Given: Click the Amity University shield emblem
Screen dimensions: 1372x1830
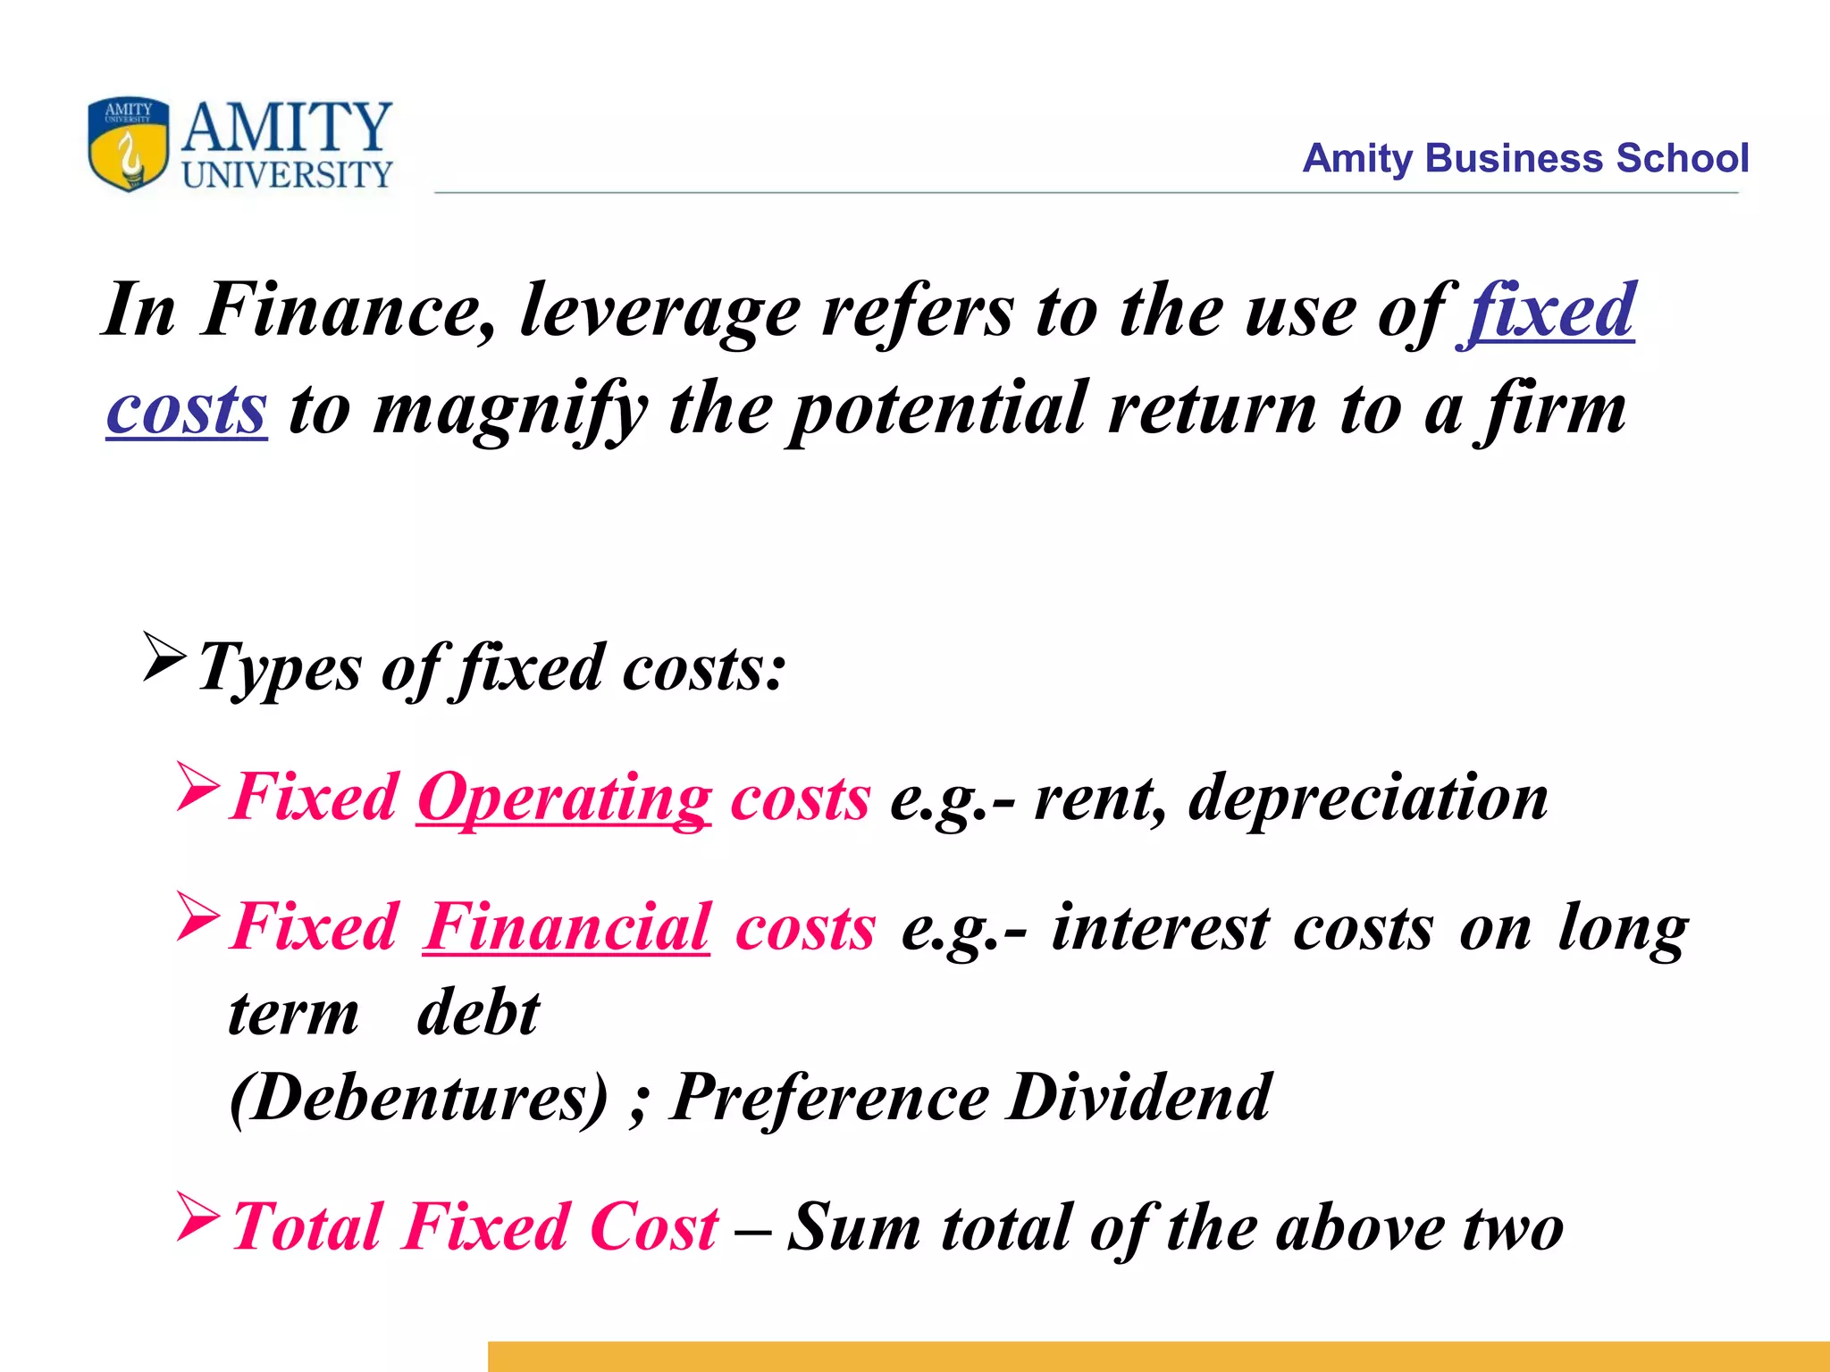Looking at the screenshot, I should [x=129, y=144].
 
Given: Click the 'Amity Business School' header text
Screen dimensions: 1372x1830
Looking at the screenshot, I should [x=1524, y=158].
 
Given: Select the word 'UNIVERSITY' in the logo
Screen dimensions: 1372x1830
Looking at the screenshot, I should [x=287, y=174].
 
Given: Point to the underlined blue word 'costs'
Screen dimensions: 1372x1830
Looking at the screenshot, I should [x=187, y=410].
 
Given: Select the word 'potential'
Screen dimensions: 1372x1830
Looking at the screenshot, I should [x=939, y=410].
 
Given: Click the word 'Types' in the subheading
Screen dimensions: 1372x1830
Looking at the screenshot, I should [x=280, y=669].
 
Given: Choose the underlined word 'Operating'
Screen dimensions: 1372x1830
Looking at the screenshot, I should [x=565, y=798].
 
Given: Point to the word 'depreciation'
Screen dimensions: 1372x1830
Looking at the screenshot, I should [x=1368, y=798].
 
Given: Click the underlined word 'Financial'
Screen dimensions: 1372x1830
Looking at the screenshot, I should [x=567, y=927].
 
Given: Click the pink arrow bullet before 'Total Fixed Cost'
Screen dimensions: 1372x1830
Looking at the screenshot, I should [x=197, y=1217].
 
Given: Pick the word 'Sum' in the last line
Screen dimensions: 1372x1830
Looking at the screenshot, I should [x=854, y=1227].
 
